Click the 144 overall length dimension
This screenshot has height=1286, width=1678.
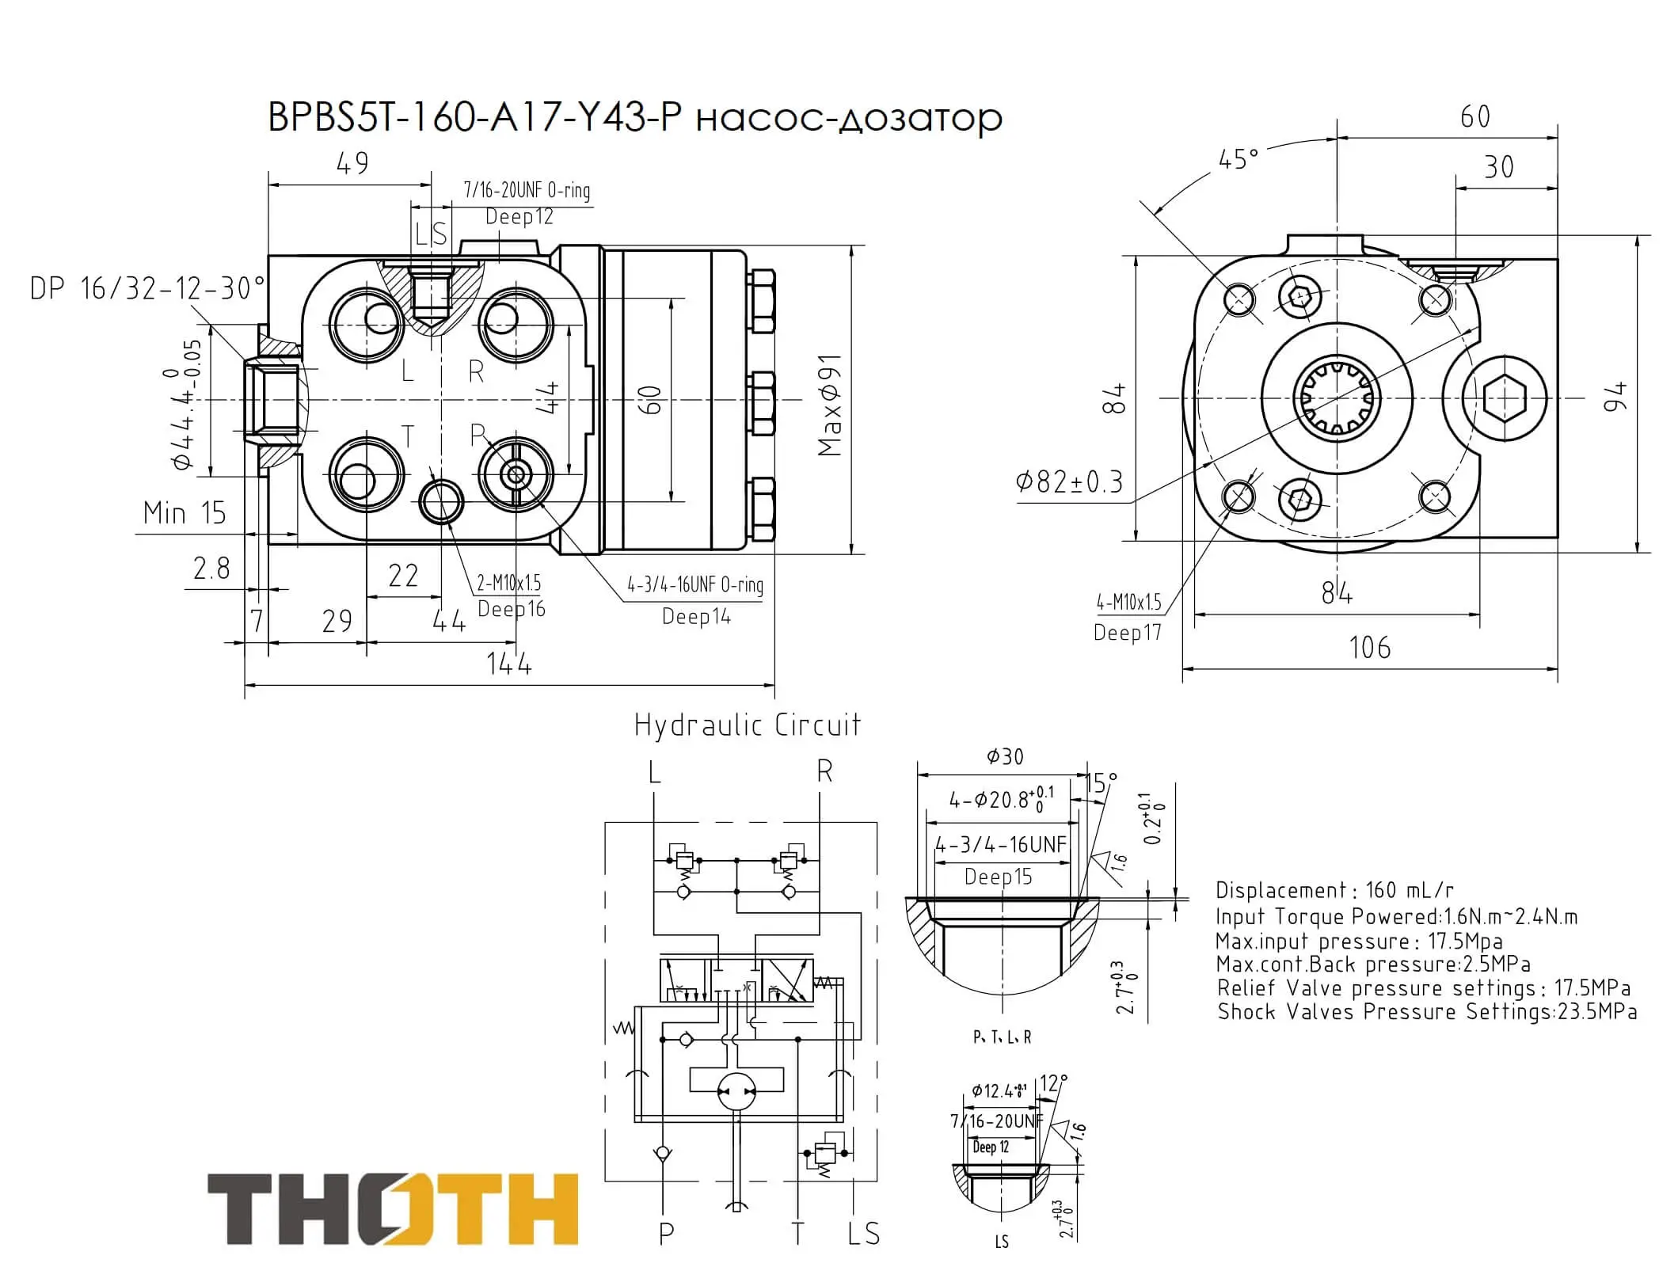pos(509,664)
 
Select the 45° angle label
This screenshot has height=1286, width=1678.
pos(1239,159)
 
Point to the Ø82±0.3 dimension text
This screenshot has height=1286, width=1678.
pos(1070,481)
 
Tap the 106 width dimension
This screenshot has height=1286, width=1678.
pos(1370,648)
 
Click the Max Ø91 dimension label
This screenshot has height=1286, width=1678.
pos(830,405)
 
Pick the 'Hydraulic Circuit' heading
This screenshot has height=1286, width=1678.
pos(748,725)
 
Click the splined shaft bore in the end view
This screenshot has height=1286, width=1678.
pos(1337,398)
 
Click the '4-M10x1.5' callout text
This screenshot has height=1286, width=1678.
pos(1129,603)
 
